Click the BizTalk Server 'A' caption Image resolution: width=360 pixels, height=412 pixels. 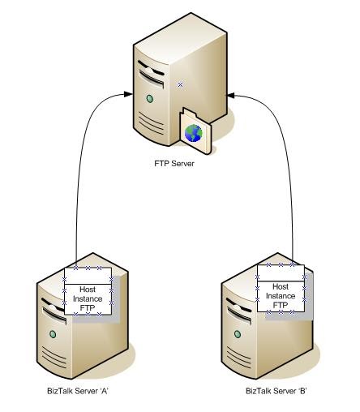(x=78, y=392)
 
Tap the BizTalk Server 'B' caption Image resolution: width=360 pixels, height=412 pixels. (x=276, y=392)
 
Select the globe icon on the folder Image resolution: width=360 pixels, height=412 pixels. (x=193, y=132)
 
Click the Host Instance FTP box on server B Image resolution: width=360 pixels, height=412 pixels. (x=281, y=288)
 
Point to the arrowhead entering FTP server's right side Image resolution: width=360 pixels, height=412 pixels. (x=231, y=96)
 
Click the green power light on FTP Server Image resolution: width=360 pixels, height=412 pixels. (x=149, y=99)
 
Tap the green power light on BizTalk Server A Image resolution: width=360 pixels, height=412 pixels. (x=54, y=333)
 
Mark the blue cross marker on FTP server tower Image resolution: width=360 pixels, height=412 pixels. (x=180, y=84)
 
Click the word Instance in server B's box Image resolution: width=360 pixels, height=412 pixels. (x=281, y=296)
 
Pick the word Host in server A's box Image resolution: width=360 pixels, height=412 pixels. (x=88, y=289)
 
